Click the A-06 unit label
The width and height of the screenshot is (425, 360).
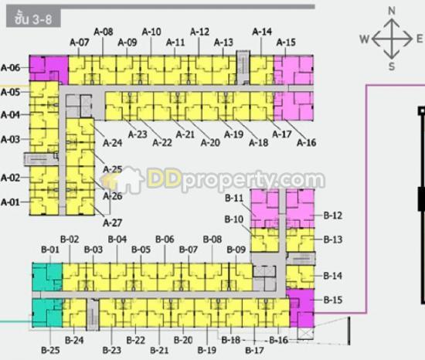(x=10, y=68)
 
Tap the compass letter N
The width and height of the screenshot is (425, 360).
(x=392, y=11)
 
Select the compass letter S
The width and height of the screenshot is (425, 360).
(x=392, y=66)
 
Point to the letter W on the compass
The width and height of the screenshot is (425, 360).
(x=365, y=39)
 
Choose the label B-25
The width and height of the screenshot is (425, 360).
(x=50, y=350)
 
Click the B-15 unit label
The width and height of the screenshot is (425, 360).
(x=333, y=300)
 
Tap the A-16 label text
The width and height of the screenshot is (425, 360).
(x=307, y=142)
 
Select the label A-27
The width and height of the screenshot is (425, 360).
(x=113, y=223)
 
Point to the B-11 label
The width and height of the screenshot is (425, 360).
(x=234, y=199)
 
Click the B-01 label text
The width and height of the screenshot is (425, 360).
(x=50, y=250)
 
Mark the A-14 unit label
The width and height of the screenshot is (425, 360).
(x=262, y=32)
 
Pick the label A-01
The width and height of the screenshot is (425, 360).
(x=10, y=202)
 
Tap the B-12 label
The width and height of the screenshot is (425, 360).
(x=333, y=216)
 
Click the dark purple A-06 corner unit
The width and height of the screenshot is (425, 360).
(x=49, y=69)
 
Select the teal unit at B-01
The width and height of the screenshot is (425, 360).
(x=47, y=277)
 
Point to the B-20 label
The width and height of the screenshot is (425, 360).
(x=183, y=340)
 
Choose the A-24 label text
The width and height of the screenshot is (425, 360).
(x=113, y=143)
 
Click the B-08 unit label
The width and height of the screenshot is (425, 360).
(x=212, y=239)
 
